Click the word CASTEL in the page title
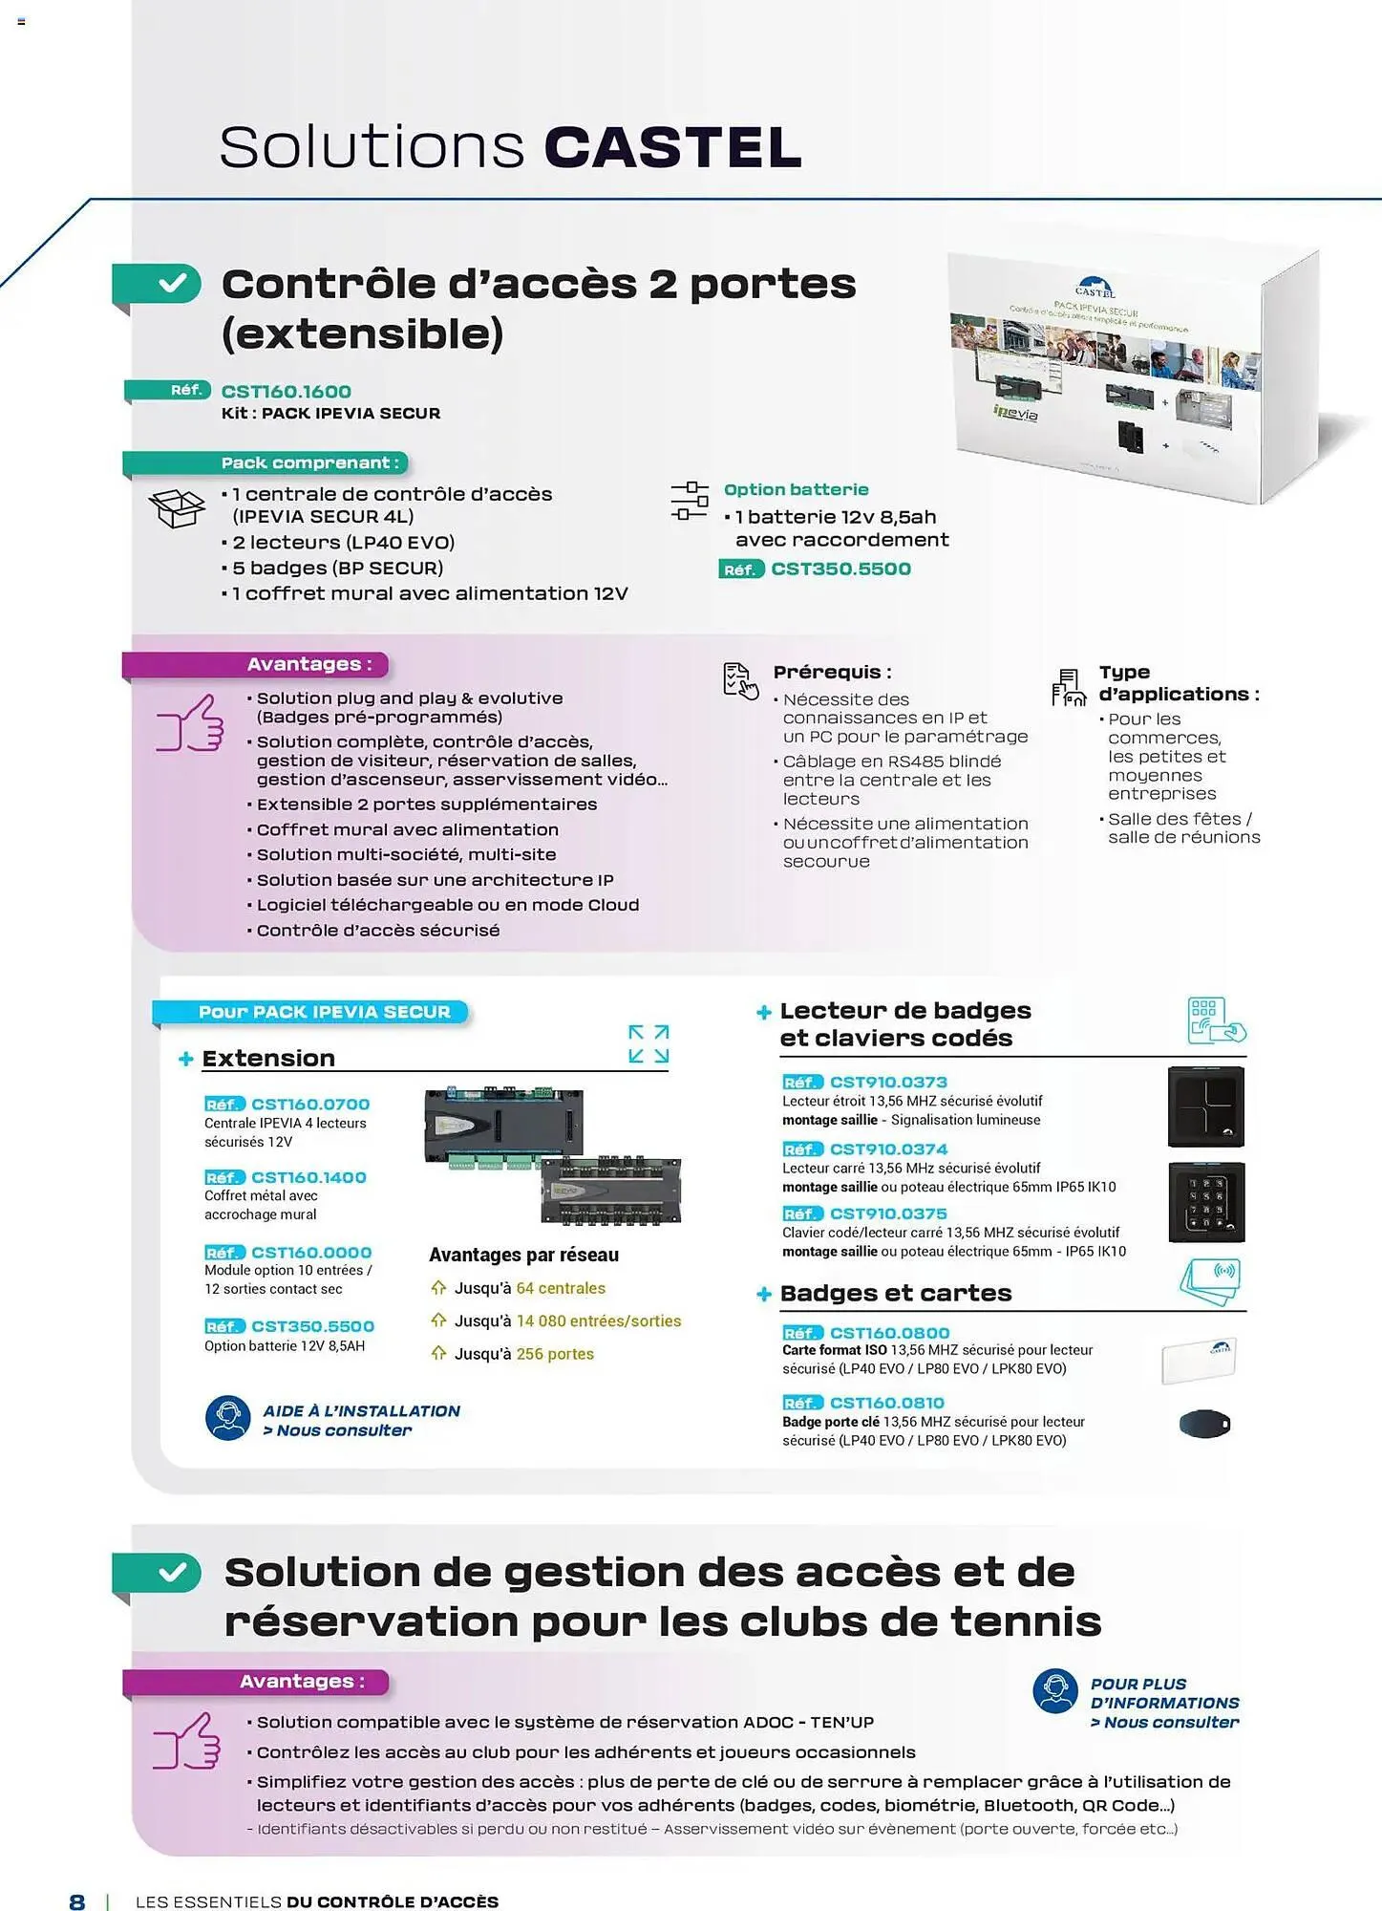point(672,148)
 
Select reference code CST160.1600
point(286,392)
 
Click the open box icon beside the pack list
point(178,507)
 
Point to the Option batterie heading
point(796,490)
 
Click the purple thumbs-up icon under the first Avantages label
point(190,723)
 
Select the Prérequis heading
point(832,673)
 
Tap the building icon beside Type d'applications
point(1069,687)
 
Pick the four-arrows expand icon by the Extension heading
point(648,1044)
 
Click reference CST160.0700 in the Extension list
point(309,1105)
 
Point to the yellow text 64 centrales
point(561,1289)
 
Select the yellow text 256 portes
point(555,1355)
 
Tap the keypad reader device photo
point(1206,1202)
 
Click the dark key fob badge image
point(1205,1425)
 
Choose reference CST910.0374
point(888,1149)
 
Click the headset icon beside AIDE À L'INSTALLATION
point(227,1418)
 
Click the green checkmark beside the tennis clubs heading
point(173,1573)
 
